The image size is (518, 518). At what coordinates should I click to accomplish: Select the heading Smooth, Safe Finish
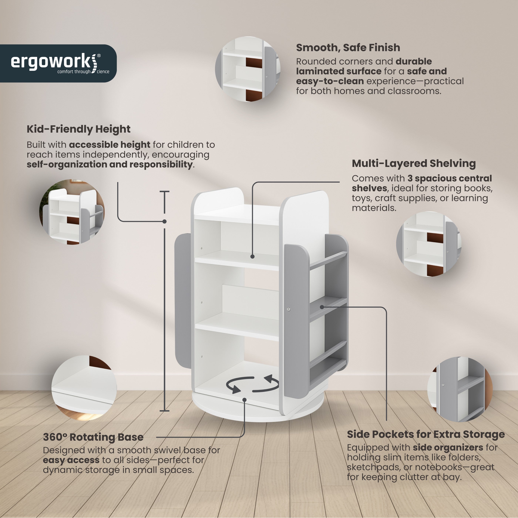click(x=348, y=48)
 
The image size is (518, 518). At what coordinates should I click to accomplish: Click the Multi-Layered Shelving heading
click(x=414, y=164)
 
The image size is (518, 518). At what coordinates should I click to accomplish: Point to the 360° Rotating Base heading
click(x=93, y=437)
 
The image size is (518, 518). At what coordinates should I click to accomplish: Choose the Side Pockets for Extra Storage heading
click(x=426, y=434)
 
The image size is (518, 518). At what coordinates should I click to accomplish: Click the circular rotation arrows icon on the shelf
click(x=252, y=384)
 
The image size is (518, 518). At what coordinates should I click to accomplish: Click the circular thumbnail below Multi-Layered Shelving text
click(x=429, y=244)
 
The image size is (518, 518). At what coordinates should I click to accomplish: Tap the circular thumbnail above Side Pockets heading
click(x=460, y=389)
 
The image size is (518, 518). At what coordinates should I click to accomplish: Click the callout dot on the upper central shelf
click(x=252, y=257)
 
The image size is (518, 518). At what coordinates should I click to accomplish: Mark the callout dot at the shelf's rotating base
click(x=245, y=400)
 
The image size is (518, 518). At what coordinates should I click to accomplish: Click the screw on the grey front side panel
click(x=288, y=309)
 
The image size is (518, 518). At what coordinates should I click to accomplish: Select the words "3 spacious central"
click(x=450, y=179)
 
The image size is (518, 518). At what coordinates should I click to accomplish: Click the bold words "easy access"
click(x=71, y=460)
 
